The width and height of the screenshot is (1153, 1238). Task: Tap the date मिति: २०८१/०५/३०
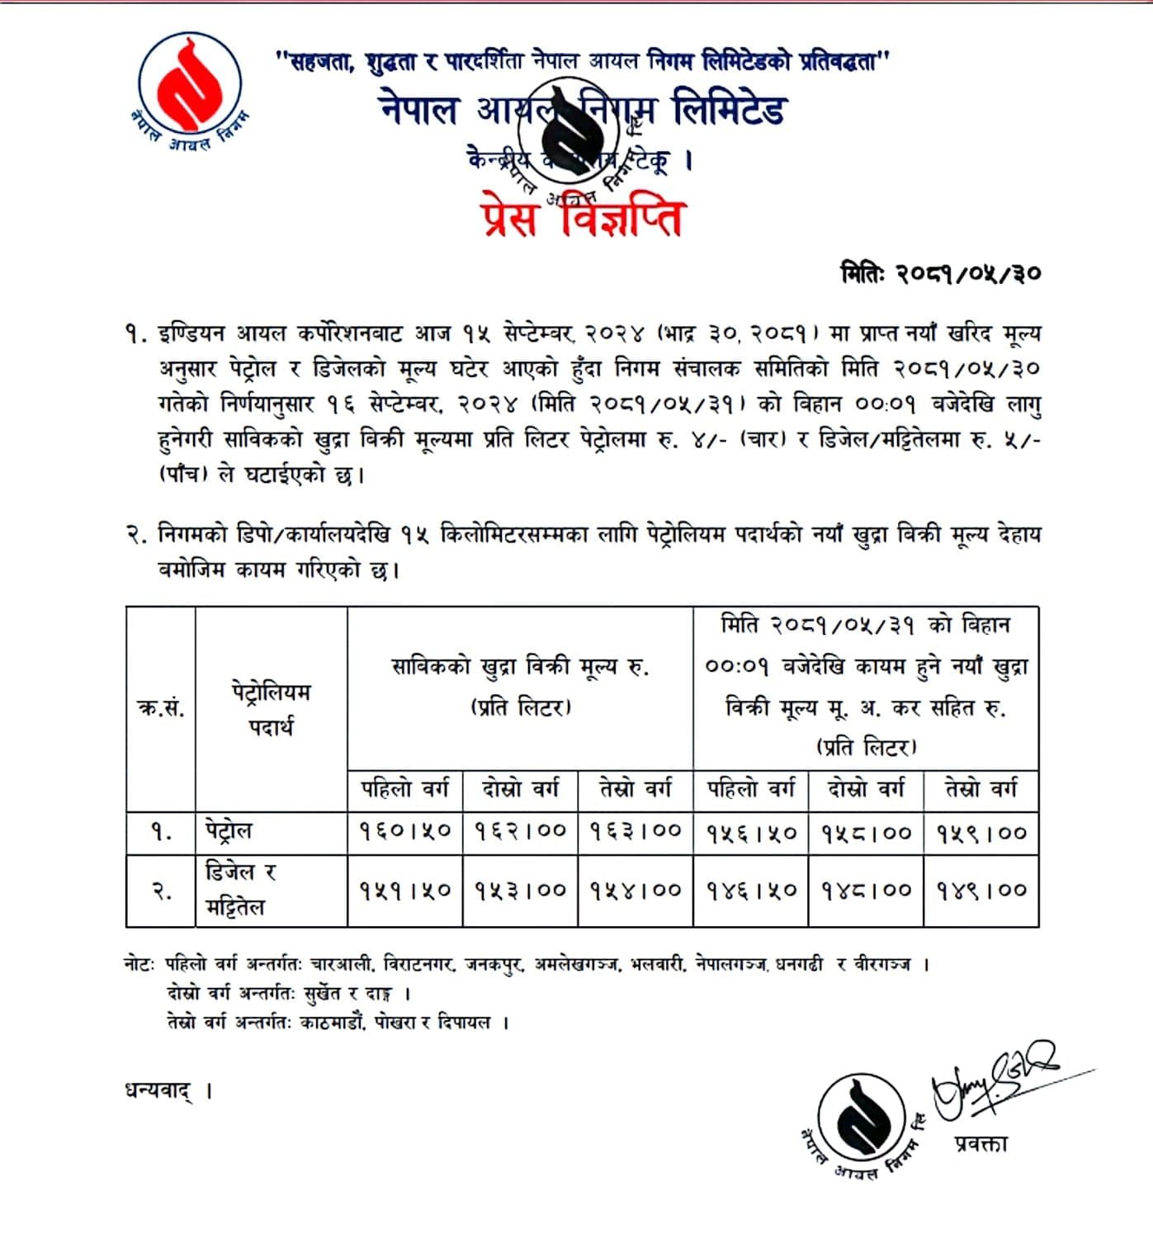tap(940, 273)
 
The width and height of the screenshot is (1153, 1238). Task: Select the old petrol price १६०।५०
tap(405, 832)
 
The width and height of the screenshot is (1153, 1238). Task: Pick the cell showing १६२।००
tap(520, 832)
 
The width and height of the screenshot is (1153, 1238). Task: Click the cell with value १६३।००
tap(636, 832)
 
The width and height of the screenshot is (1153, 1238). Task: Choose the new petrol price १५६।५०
tap(751, 833)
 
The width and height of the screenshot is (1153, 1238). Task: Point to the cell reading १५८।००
tap(866, 833)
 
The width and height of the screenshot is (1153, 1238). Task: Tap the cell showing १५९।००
tap(981, 833)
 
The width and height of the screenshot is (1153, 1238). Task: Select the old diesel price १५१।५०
tap(405, 891)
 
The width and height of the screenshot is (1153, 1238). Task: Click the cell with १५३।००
tap(520, 891)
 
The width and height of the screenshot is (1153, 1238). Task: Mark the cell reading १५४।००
tap(636, 891)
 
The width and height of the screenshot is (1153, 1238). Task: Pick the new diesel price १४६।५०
tap(751, 891)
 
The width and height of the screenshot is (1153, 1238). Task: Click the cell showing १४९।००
tap(981, 891)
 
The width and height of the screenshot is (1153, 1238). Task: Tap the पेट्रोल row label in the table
tap(229, 830)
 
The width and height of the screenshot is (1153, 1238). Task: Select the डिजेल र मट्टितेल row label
tap(241, 890)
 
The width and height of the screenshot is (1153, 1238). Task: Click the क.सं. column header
tap(160, 708)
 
